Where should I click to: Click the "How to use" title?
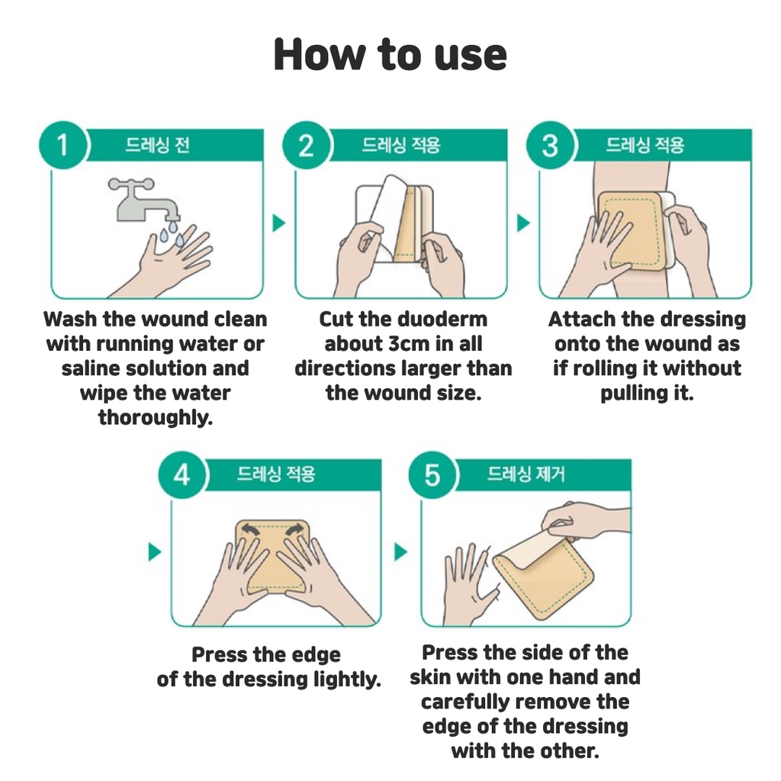click(390, 54)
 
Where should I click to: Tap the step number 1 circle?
click(63, 145)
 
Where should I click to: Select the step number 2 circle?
click(306, 145)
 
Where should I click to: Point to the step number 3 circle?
click(550, 145)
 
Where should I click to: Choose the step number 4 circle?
click(182, 474)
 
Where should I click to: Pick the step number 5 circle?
click(432, 474)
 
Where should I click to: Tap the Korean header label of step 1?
click(157, 145)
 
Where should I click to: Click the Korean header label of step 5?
click(526, 474)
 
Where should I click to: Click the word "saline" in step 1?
click(91, 368)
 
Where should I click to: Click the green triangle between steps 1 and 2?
click(279, 223)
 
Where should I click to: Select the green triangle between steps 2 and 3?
click(523, 223)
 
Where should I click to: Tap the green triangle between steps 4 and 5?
click(400, 552)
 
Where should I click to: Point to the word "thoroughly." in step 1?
click(156, 418)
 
